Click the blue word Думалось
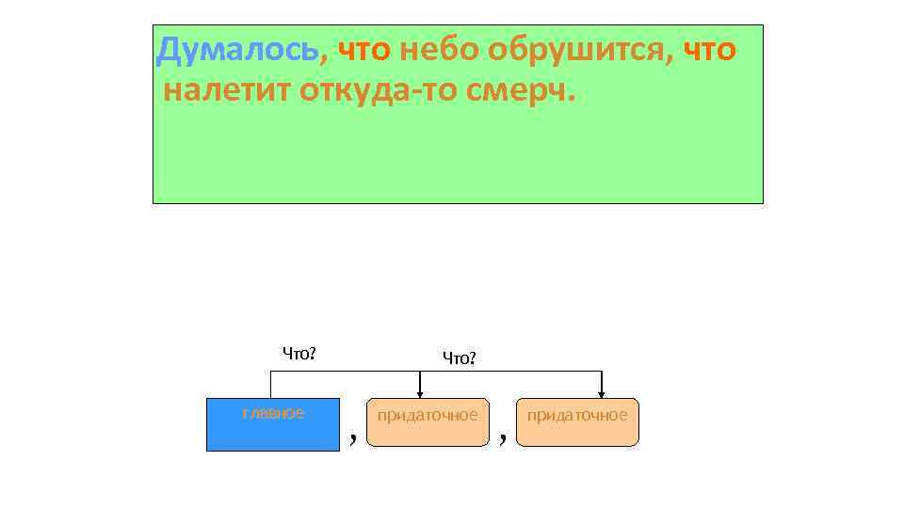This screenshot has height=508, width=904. tap(237, 49)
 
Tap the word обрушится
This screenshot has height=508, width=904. tap(574, 50)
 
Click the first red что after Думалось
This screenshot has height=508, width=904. tap(363, 49)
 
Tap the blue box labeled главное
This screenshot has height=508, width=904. tap(273, 424)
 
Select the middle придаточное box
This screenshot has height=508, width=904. tap(428, 421)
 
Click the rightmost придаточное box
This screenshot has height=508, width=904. tap(577, 421)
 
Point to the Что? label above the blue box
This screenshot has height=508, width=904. tap(299, 354)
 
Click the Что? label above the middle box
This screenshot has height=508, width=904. tap(460, 357)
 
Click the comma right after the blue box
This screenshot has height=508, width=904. tap(352, 436)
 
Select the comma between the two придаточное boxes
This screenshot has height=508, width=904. tap(504, 436)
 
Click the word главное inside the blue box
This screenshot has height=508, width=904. tap(273, 413)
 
